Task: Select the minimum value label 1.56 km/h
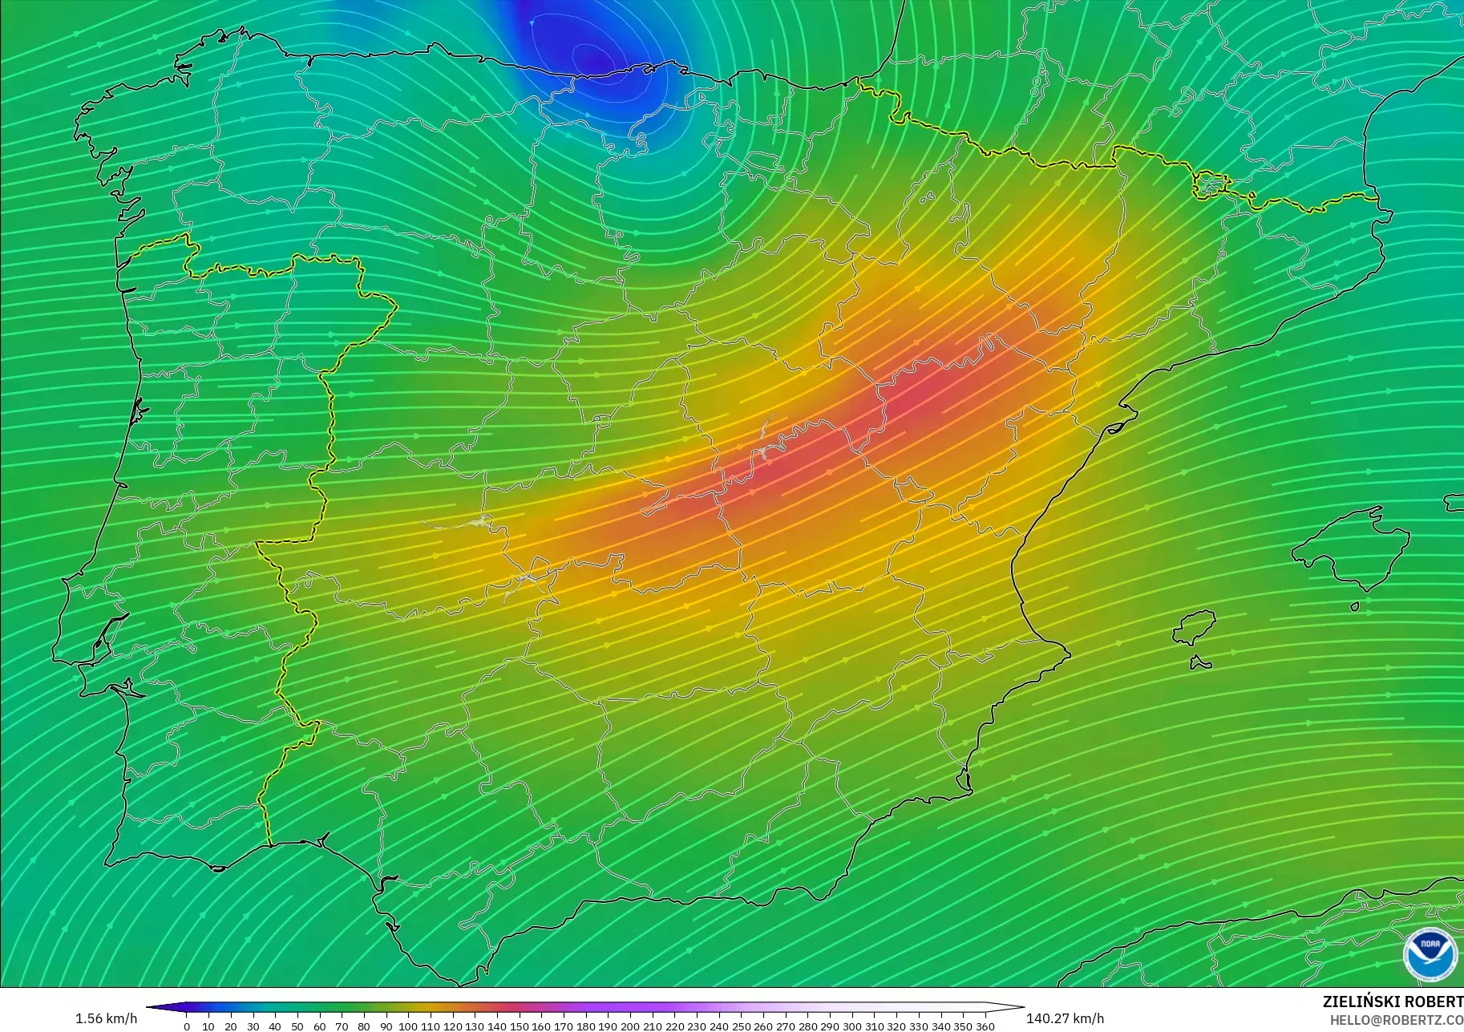(x=106, y=1018)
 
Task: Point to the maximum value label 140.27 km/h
(x=1065, y=1018)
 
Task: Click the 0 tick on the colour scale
(x=187, y=1026)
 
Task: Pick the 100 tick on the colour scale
(x=408, y=1026)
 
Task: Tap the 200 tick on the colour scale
(x=630, y=1026)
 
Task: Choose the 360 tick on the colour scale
(x=985, y=1026)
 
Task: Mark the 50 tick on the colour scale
(x=297, y=1026)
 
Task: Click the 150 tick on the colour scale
(x=520, y=1026)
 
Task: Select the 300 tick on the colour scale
(x=851, y=1026)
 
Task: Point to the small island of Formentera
(x=1199, y=663)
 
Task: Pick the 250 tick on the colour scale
(x=741, y=1026)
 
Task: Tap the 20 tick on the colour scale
(x=231, y=1026)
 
